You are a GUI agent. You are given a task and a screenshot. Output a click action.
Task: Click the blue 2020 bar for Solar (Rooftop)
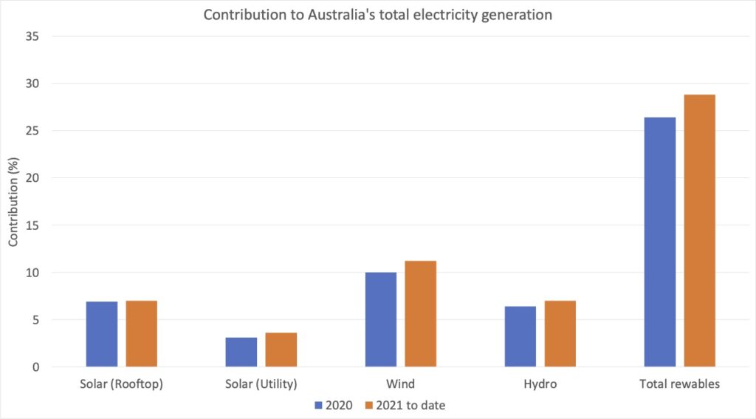(102, 334)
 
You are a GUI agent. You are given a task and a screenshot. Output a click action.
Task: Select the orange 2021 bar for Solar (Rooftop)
(141, 333)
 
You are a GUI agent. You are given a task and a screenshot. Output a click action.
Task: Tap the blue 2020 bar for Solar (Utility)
(241, 352)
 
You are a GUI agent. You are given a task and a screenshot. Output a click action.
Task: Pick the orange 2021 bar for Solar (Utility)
(281, 350)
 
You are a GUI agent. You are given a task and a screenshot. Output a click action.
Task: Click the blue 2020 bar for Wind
(381, 319)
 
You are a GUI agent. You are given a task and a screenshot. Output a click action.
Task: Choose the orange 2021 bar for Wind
(420, 313)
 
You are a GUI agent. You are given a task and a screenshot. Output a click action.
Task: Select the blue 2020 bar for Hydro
(520, 336)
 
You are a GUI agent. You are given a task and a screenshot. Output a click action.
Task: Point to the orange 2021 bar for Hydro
(560, 333)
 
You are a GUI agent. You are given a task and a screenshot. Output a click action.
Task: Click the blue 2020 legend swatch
(319, 405)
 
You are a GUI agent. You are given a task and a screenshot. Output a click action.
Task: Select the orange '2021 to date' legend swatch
(368, 405)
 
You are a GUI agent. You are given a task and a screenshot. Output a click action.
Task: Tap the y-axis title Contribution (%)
(13, 202)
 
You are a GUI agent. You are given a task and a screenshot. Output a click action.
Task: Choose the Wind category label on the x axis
(401, 384)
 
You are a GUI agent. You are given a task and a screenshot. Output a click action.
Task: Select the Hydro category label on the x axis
(540, 384)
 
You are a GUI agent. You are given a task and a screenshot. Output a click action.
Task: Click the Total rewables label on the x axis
(680, 384)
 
